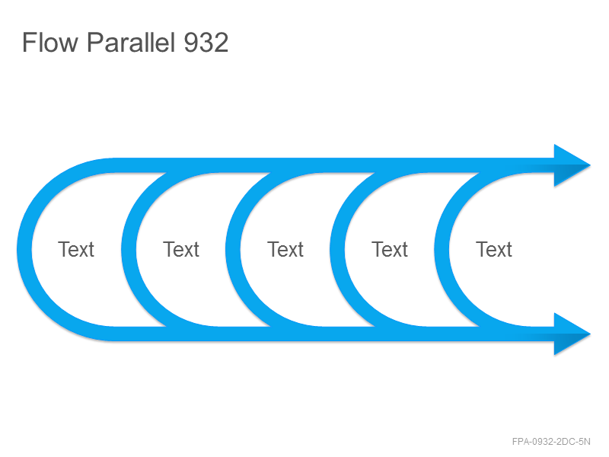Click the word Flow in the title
(x=49, y=42)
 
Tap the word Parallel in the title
(x=130, y=42)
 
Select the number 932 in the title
(x=206, y=42)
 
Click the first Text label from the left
(x=76, y=249)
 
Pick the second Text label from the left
(x=181, y=249)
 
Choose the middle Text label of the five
(x=285, y=249)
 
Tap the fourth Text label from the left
(x=390, y=249)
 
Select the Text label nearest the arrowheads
(x=494, y=249)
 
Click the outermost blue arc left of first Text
(x=24, y=250)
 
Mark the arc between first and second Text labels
(x=129, y=250)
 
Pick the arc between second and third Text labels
(x=233, y=250)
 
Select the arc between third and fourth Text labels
(x=337, y=250)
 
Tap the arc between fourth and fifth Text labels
(x=442, y=250)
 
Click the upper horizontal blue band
(x=334, y=165)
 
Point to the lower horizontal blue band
(x=334, y=334)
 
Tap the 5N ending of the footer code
(x=585, y=442)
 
